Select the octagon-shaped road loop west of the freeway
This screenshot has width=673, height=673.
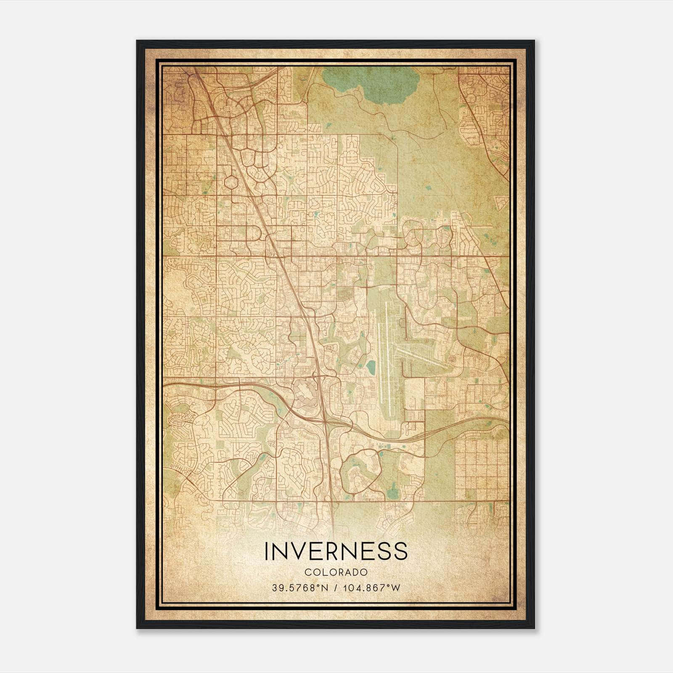[x=231, y=182]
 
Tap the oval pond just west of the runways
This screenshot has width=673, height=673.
[x=371, y=367]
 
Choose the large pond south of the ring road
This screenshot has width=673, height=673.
[x=392, y=488]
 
